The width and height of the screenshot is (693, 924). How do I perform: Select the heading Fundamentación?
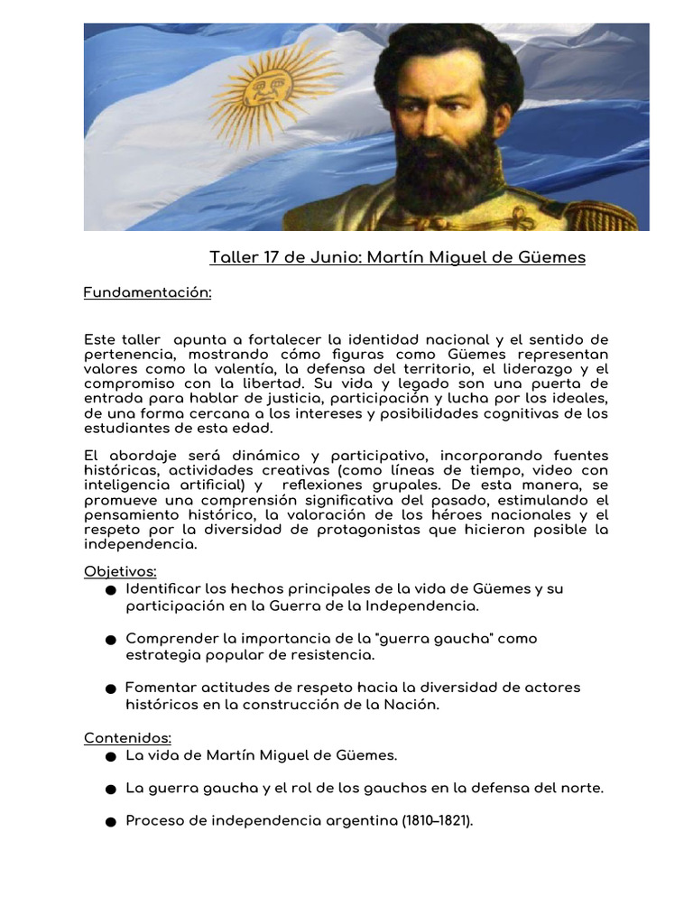pyautogui.click(x=147, y=292)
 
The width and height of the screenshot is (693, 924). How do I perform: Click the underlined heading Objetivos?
pyautogui.click(x=120, y=571)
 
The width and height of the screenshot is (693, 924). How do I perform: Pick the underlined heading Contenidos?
pyautogui.click(x=127, y=738)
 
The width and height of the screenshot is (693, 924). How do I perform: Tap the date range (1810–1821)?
pyautogui.click(x=438, y=821)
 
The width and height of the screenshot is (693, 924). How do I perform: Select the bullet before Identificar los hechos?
pyautogui.click(x=110, y=590)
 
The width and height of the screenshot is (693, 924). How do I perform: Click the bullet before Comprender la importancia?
pyautogui.click(x=110, y=640)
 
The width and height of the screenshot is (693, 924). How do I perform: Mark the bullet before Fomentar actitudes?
pyautogui.click(x=110, y=688)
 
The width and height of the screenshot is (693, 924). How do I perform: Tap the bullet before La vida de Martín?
pyautogui.click(x=110, y=756)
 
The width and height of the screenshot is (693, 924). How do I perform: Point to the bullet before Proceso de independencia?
pyautogui.click(x=110, y=822)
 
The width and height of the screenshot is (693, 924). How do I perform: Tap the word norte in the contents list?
pyautogui.click(x=582, y=788)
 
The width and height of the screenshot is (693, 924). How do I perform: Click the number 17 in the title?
pyautogui.click(x=270, y=257)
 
